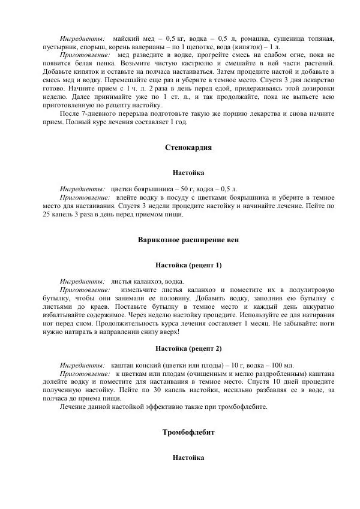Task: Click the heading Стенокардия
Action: click(x=188, y=147)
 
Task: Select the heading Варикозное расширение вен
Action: click(x=188, y=240)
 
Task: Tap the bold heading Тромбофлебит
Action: click(x=188, y=432)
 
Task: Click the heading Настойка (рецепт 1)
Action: click(x=188, y=264)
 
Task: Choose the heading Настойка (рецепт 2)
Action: click(x=188, y=348)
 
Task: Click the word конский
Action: click(x=151, y=365)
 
